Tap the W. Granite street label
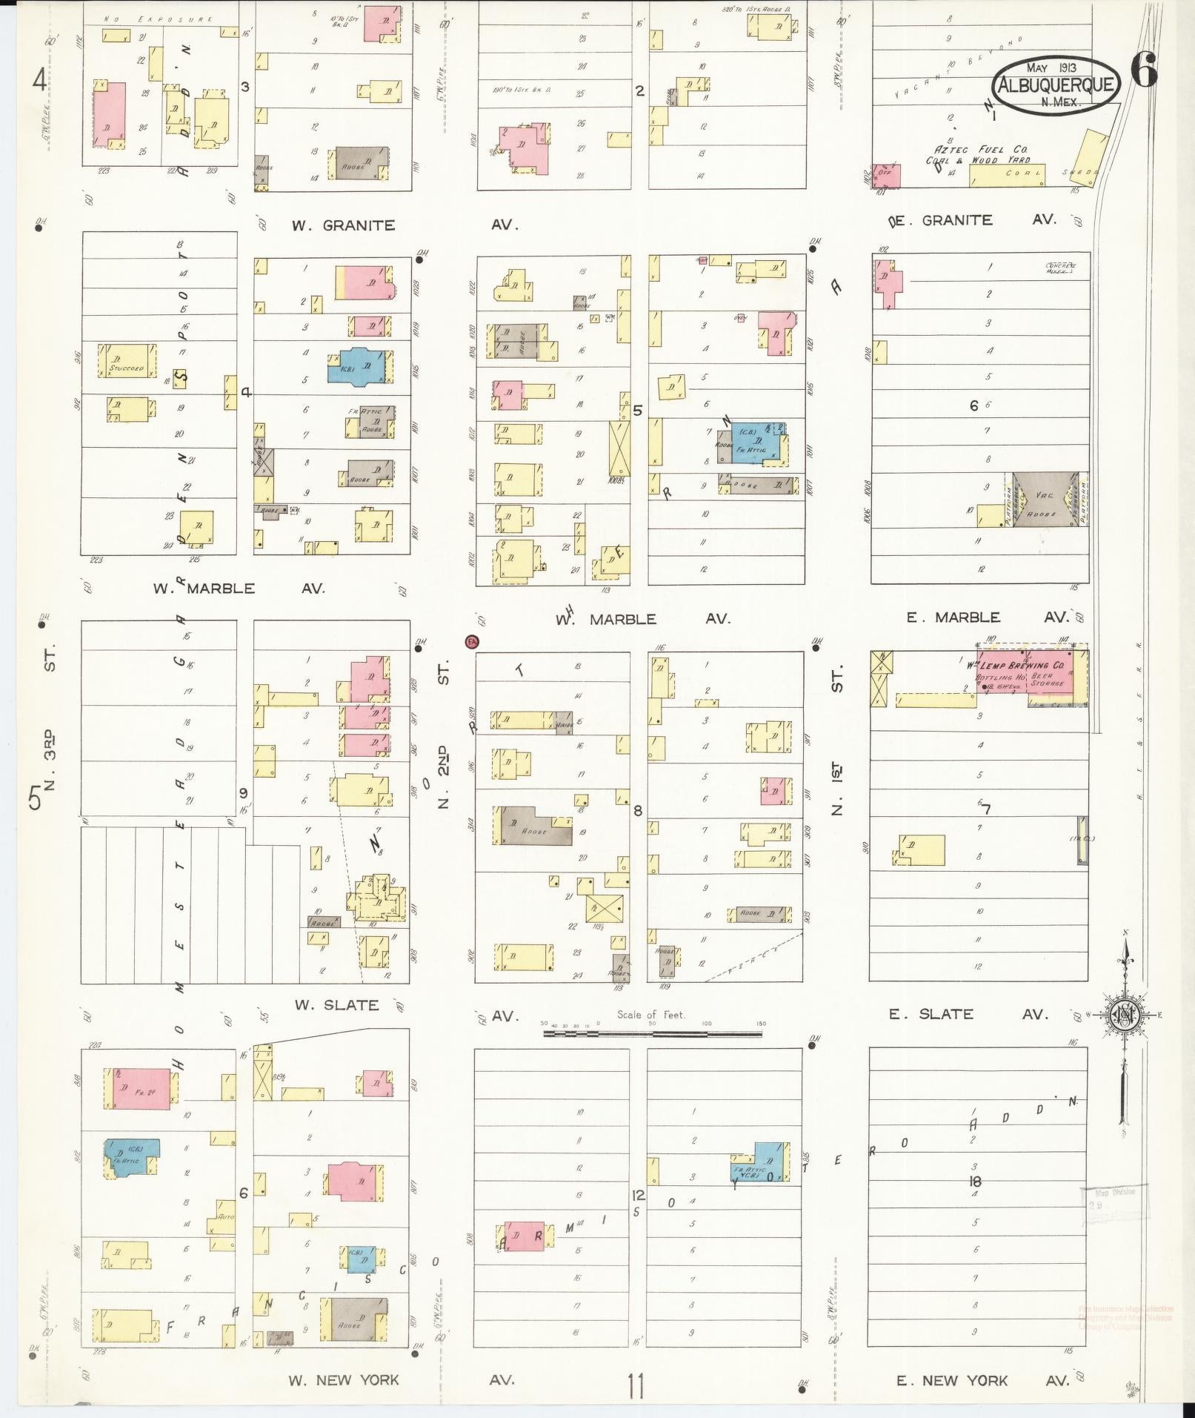(343, 225)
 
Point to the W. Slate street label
(336, 1005)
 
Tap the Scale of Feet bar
(652, 1031)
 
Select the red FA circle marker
(471, 640)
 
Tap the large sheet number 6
(1145, 73)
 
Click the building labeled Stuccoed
(127, 361)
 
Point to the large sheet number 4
(39, 79)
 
